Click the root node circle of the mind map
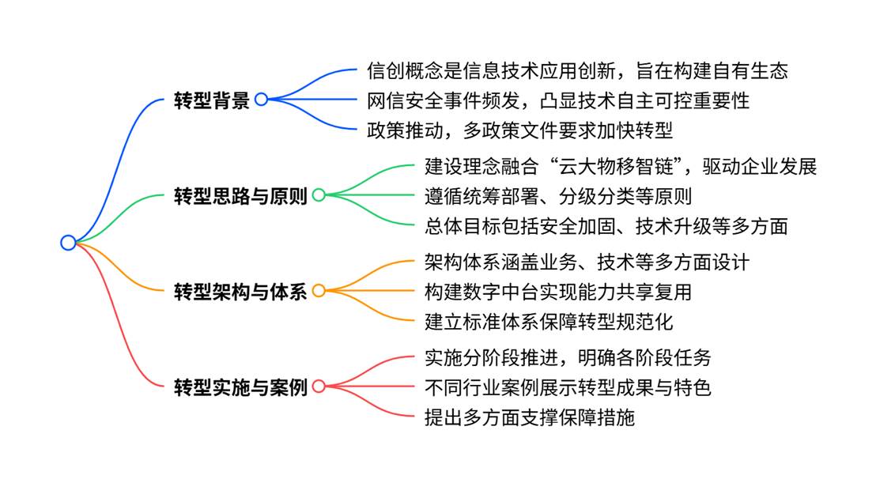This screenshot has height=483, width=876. coord(68,243)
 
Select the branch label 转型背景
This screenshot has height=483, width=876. coord(211,100)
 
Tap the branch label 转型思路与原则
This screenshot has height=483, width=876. coord(240,195)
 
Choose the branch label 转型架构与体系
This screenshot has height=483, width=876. coord(240,291)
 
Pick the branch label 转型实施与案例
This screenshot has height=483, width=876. coord(240,387)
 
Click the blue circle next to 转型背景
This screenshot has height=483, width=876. coord(261,100)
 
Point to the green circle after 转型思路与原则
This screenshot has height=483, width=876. coord(319,195)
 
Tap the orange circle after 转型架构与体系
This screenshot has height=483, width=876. coord(319,291)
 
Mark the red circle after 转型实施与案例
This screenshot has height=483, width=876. coord(319,387)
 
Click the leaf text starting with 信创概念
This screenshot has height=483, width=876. coord(577,70)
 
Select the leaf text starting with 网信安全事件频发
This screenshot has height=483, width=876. coord(558,100)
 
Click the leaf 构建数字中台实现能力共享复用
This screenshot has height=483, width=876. coord(558,291)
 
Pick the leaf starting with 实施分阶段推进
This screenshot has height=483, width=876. coord(568,357)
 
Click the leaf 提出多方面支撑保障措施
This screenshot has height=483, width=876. coord(529,416)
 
